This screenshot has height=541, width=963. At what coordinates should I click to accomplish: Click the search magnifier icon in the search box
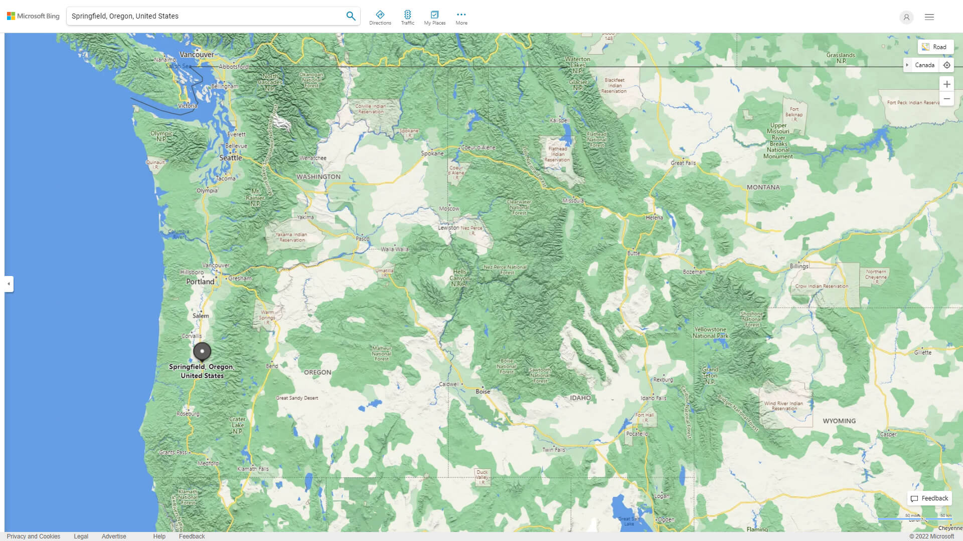(351, 16)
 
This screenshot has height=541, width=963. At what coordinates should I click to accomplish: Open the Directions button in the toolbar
(380, 18)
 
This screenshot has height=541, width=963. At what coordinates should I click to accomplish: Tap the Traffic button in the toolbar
(407, 18)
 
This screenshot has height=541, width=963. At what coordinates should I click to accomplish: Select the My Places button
(434, 18)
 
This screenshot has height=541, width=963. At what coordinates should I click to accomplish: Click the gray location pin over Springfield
(202, 352)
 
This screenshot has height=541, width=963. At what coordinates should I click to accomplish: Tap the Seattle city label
(230, 158)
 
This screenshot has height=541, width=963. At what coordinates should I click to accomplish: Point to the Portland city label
(200, 282)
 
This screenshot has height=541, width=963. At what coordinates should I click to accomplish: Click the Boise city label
(483, 392)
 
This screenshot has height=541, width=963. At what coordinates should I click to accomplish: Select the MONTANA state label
(763, 187)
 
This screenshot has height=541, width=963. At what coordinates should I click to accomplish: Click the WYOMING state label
(839, 421)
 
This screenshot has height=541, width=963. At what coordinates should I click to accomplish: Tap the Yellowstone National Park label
(710, 333)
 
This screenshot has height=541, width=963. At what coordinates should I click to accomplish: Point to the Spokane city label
(432, 153)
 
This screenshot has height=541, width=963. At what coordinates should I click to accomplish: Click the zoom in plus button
(946, 84)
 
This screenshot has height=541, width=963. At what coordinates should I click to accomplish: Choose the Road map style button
(935, 47)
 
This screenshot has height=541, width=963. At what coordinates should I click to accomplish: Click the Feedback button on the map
(929, 498)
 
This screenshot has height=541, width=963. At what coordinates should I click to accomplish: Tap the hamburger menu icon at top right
(929, 17)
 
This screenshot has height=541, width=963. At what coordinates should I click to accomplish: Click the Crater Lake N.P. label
(237, 425)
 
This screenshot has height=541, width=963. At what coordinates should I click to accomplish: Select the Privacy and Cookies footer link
(34, 536)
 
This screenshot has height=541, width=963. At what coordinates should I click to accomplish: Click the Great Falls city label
(683, 163)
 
